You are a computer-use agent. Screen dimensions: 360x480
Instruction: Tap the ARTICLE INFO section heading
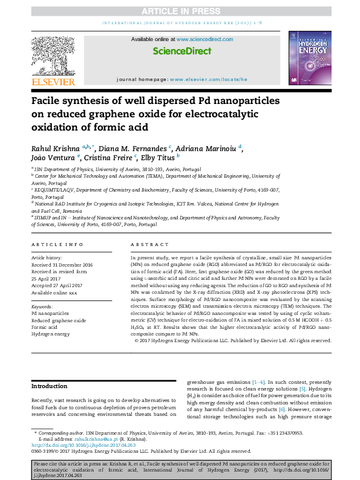[x=57, y=244]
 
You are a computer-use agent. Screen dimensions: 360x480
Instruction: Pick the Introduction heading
[x=50, y=386]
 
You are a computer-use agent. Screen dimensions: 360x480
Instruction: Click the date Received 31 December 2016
[x=62, y=265]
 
